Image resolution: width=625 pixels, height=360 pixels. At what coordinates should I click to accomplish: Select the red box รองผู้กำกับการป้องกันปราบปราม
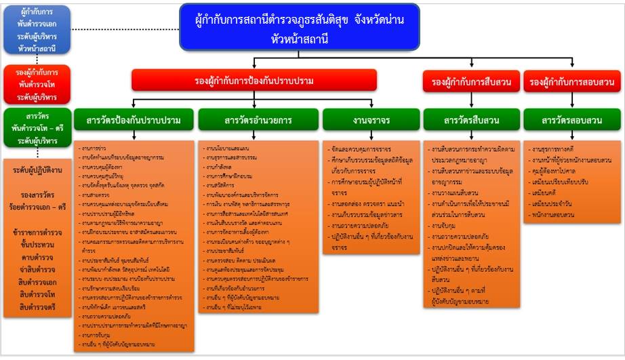(x=254, y=81)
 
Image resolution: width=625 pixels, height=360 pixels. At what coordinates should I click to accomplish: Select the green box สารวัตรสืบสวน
(x=470, y=121)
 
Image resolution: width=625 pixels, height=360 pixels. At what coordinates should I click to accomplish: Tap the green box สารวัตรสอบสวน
(x=571, y=121)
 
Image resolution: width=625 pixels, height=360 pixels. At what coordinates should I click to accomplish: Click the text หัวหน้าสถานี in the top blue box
(x=298, y=39)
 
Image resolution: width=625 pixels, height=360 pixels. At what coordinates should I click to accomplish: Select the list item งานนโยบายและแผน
(x=224, y=146)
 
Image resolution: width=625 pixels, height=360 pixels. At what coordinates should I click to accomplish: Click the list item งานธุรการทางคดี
(x=555, y=148)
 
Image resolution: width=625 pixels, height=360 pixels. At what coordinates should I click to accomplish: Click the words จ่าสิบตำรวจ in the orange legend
(x=38, y=271)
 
